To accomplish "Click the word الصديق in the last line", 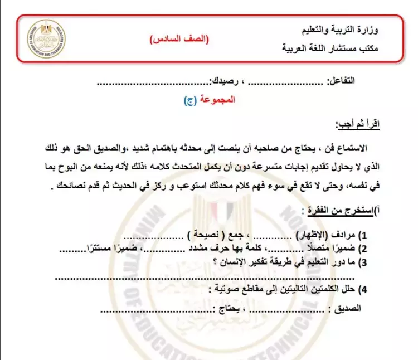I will tap(347, 307).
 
